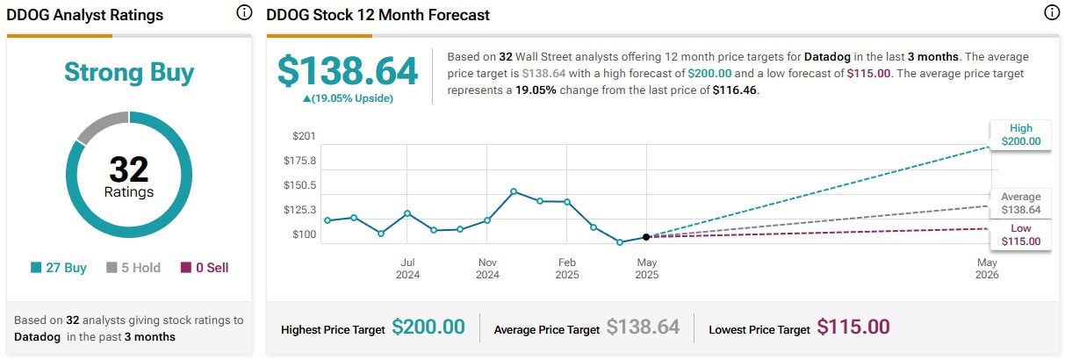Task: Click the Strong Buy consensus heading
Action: coord(129,73)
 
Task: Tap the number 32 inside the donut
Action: coord(129,169)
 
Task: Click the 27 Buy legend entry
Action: coord(59,268)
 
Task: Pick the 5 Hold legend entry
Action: coord(133,268)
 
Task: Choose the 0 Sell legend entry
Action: coord(205,268)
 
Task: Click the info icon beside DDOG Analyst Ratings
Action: coord(244,13)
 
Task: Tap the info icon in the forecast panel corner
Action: coord(1051,13)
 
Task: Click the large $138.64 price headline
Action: coord(348,70)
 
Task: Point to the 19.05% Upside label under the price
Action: coord(348,98)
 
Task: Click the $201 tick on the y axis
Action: coord(305,136)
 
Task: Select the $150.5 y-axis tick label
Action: coord(300,185)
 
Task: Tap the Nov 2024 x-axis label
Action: coord(487,268)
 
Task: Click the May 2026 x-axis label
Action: coord(987,268)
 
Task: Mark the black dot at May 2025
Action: coord(646,237)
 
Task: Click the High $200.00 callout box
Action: coord(1021,134)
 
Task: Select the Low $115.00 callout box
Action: coord(1021,234)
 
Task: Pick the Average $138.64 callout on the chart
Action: coord(1021,203)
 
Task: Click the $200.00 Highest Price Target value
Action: coord(428,328)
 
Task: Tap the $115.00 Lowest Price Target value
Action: coord(853,328)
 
